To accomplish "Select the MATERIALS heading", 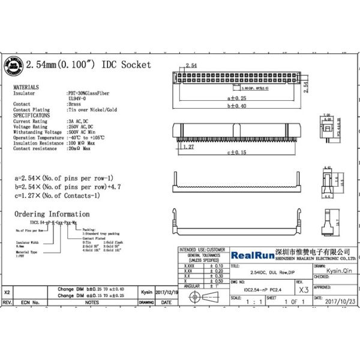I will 26,87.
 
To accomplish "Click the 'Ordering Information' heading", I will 52,214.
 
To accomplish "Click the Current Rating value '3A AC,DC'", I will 78,121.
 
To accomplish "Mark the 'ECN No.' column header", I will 31,303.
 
